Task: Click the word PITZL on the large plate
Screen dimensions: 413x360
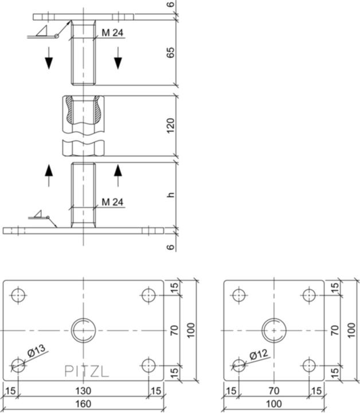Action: coord(86,371)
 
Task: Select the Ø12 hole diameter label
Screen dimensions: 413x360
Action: coord(259,355)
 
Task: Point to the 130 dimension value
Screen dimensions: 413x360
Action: coord(83,391)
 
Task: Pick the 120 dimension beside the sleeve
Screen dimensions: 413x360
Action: coord(170,126)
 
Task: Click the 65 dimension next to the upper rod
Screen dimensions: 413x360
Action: coord(170,53)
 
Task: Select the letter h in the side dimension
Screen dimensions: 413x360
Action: coord(170,195)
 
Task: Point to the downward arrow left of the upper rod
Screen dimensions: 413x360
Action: coord(49,58)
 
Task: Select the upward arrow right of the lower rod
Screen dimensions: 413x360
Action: coord(119,175)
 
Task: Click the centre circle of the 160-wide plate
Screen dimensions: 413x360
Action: coord(83,330)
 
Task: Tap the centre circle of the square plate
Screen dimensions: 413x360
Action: coord(274,330)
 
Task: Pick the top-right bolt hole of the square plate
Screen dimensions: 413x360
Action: coord(310,295)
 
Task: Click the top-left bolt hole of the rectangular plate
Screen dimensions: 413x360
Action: coord(18,295)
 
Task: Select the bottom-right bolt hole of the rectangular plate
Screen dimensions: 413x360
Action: coord(148,365)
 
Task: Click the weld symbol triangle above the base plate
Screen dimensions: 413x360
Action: coord(40,215)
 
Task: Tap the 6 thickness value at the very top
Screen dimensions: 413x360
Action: coord(170,6)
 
